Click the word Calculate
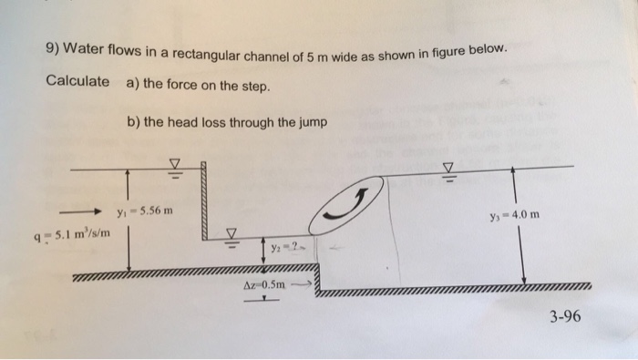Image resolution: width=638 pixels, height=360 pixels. pyautogui.click(x=77, y=80)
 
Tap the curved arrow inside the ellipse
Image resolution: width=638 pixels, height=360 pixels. pyautogui.click(x=351, y=205)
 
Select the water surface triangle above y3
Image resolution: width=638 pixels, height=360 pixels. pyautogui.click(x=447, y=168)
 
